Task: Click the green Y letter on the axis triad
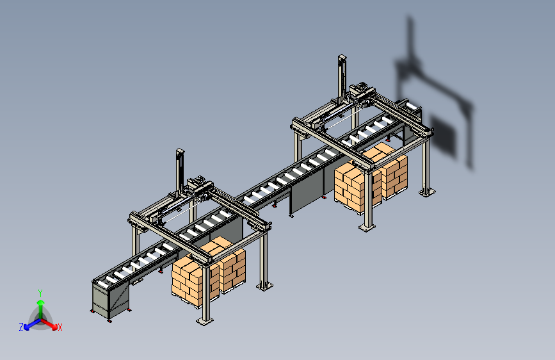pos(40,293)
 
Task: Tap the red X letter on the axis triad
pos(60,327)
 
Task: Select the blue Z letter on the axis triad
pos(21,327)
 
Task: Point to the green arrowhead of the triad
pos(41,302)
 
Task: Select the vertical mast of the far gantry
pos(342,78)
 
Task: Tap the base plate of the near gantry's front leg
pos(205,321)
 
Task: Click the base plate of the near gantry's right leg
pos(264,286)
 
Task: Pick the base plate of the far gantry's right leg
pos(427,192)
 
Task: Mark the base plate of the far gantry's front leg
pos(367,227)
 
